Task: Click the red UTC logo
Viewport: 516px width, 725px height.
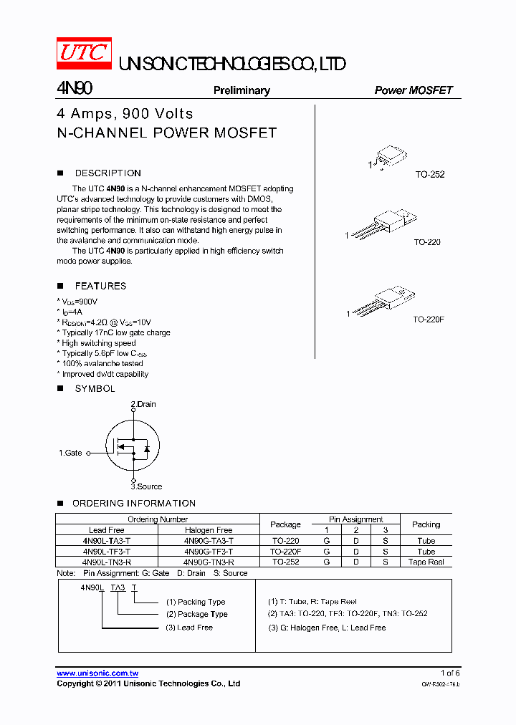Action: tap(84, 52)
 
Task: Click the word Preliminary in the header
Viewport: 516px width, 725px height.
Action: tap(242, 90)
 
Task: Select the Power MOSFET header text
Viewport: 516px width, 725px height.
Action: tap(414, 90)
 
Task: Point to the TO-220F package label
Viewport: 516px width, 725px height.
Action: tap(429, 320)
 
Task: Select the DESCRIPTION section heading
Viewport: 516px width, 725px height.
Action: tap(107, 173)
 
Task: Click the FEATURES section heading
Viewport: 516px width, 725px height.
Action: tap(100, 286)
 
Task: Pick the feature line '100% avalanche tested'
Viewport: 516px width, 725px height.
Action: tap(102, 363)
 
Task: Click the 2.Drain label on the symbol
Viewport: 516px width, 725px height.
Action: tap(143, 404)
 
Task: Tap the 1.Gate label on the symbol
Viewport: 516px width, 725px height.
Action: tap(70, 453)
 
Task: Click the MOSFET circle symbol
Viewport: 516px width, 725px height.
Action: tap(133, 446)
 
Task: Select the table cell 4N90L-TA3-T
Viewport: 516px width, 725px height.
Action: tap(106, 541)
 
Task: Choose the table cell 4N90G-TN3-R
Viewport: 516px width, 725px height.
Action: tap(209, 562)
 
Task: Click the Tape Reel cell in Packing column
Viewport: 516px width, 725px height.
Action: tap(426, 562)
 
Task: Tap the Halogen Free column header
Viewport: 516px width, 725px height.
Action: tap(209, 530)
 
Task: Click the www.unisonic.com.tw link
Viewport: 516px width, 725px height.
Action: tap(97, 673)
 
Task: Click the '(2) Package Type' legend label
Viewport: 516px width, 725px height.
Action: tap(196, 614)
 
